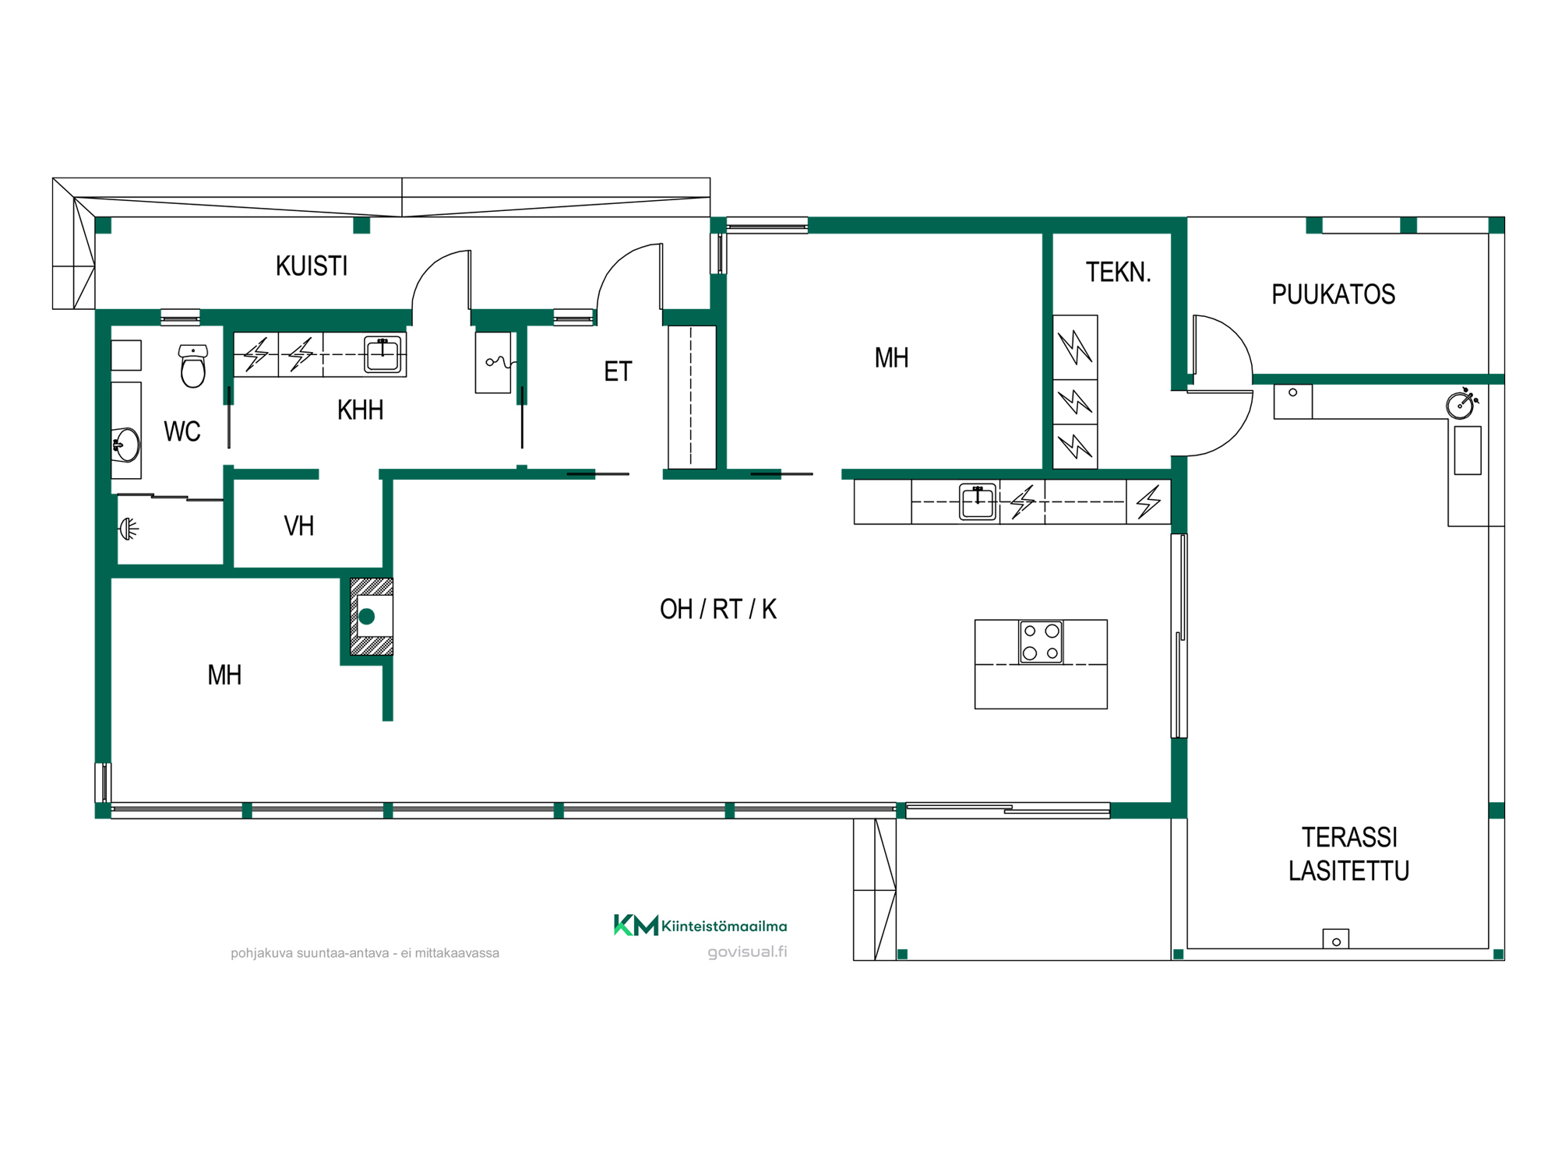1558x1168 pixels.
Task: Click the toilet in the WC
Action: pos(193,366)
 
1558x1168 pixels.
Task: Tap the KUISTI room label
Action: pos(312,266)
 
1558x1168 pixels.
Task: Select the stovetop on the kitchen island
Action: pos(1041,642)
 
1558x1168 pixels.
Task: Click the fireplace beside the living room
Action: pos(372,616)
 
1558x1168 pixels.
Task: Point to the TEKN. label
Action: pos(1119,273)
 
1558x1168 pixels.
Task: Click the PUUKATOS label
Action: pos(1334,294)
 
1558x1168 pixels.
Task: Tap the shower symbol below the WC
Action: pos(129,529)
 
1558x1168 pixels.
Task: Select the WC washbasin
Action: pos(125,445)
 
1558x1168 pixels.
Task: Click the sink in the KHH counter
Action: pos(382,354)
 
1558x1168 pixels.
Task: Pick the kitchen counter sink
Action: pos(978,502)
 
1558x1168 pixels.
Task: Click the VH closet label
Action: pos(299,526)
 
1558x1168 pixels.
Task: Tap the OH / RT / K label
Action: pos(718,609)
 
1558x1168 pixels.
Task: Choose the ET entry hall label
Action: pos(618,371)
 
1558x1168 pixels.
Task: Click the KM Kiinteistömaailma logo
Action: pos(700,925)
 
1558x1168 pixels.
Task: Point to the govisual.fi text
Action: pos(747,952)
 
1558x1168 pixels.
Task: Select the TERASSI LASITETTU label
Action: pos(1349,854)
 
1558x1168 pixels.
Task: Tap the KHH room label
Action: pos(361,410)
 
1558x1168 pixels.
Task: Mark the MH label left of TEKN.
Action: pos(892,358)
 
